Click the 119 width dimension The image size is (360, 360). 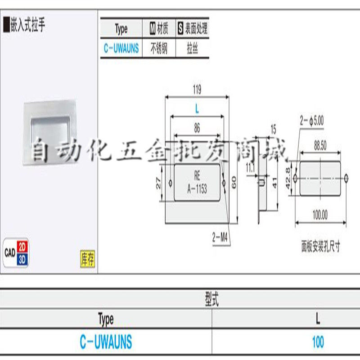click(197, 90)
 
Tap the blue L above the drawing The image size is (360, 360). click(197, 109)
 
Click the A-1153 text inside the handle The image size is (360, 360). click(197, 189)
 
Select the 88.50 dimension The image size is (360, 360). click(320, 145)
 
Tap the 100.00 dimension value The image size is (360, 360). click(320, 215)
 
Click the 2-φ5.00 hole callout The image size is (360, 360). click(312, 120)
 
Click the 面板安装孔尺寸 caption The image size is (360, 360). click(320, 246)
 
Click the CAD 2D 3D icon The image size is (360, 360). click(17, 252)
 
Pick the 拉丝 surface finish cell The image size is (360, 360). click(192, 48)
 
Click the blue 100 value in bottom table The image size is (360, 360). click(318, 342)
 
